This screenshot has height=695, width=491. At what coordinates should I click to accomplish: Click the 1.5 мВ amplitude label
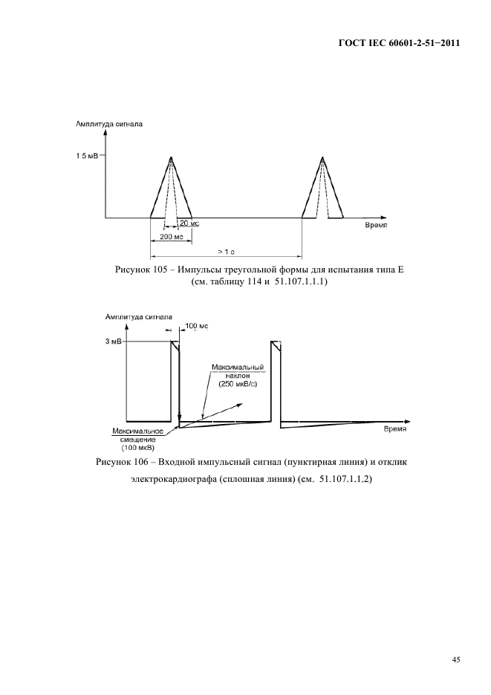click(86, 156)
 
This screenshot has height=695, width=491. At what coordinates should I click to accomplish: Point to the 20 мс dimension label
click(189, 223)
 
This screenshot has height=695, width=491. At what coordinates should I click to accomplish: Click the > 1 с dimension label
click(226, 252)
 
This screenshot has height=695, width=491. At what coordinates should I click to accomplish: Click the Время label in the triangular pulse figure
click(377, 223)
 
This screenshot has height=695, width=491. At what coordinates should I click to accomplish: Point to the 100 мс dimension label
click(197, 325)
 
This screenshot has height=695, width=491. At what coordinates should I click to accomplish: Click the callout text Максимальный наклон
click(238, 371)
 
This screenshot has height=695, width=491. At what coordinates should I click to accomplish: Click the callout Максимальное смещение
click(134, 435)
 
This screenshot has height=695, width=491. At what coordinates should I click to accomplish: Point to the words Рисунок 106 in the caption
click(123, 463)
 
